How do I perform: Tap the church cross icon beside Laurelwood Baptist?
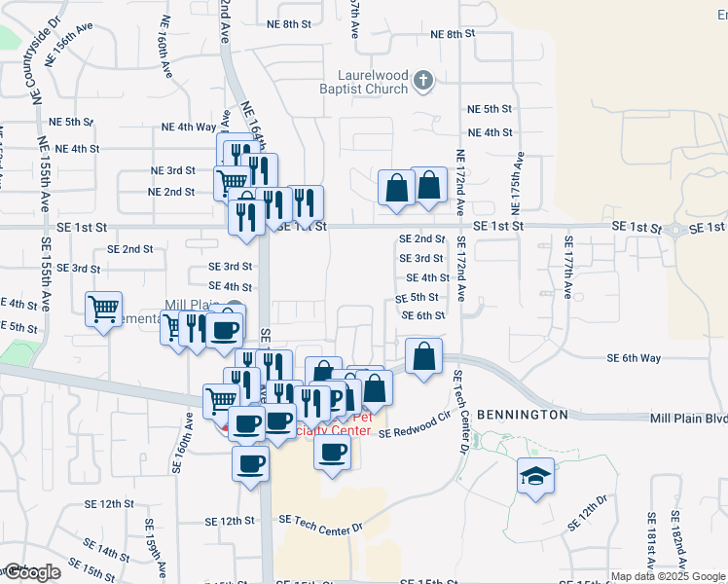(423, 81)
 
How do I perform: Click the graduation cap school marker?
(535, 477)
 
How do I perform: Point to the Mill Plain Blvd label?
(688, 418)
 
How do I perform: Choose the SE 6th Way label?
(634, 358)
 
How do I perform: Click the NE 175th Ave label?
(517, 186)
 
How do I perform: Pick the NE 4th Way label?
(189, 127)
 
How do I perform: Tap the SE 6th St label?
(423, 315)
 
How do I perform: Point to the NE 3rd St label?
(172, 170)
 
